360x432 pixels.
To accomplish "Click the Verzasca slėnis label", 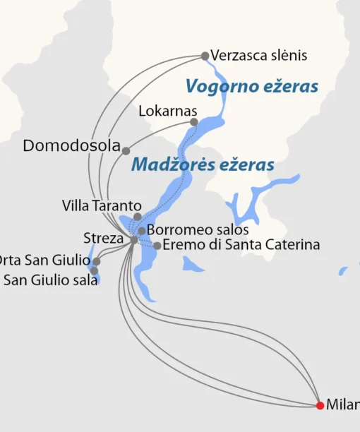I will click(x=249, y=56).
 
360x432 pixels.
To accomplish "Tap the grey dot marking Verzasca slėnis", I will click(x=205, y=56).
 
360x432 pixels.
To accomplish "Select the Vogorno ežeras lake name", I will click(x=251, y=87).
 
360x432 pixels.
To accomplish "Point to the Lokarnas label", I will click(x=168, y=112).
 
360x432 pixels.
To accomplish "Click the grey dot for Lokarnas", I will click(x=194, y=122).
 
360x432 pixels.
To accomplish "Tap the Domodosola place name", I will click(x=71, y=146).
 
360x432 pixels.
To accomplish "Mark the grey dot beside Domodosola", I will click(x=126, y=150).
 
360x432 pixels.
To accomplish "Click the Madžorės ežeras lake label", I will click(x=203, y=165).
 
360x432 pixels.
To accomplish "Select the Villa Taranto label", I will click(x=97, y=206).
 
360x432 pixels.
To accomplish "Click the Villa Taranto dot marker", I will click(x=138, y=217).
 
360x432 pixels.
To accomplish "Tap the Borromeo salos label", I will click(x=198, y=230).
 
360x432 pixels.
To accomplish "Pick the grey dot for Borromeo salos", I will click(x=142, y=231).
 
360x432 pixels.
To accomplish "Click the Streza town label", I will click(x=103, y=238).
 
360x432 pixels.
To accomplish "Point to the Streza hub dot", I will click(x=134, y=240).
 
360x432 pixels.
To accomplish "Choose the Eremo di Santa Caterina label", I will click(x=241, y=245).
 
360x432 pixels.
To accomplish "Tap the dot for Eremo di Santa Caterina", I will click(x=157, y=246).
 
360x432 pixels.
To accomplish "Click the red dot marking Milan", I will click(x=320, y=405).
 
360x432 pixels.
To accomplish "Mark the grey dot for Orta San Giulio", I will click(x=97, y=261).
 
